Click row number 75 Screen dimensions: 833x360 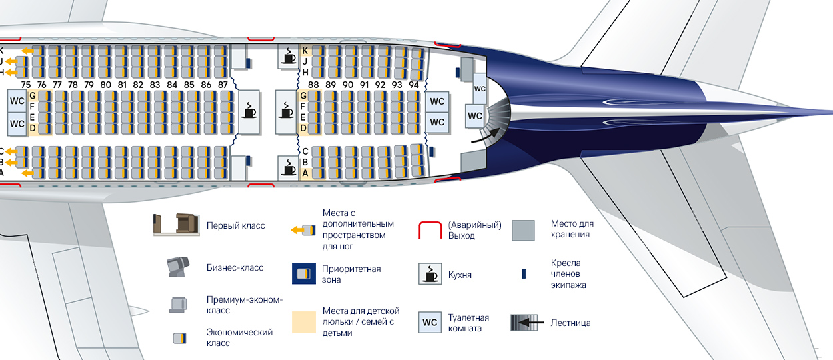tap(26, 85)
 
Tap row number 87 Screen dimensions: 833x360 tap(223, 85)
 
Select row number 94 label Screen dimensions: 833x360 tap(414, 85)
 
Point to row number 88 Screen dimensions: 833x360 tap(313, 85)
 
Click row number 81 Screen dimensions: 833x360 tap(122, 85)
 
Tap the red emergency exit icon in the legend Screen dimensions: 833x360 tap(430, 230)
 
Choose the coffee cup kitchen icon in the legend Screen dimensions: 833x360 tap(430, 274)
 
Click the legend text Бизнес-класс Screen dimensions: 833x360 tap(235, 267)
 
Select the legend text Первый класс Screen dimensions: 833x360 tap(235, 226)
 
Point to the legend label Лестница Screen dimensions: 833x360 tap(570, 323)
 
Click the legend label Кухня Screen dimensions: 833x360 tap(460, 275)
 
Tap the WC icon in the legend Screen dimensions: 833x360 tap(430, 322)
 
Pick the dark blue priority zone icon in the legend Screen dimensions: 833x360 tap(304, 273)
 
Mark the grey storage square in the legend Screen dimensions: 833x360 tap(523, 231)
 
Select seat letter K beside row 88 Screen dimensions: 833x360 tap(305, 51)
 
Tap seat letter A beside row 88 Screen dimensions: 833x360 tap(305, 173)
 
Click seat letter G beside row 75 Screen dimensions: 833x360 tap(33, 95)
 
